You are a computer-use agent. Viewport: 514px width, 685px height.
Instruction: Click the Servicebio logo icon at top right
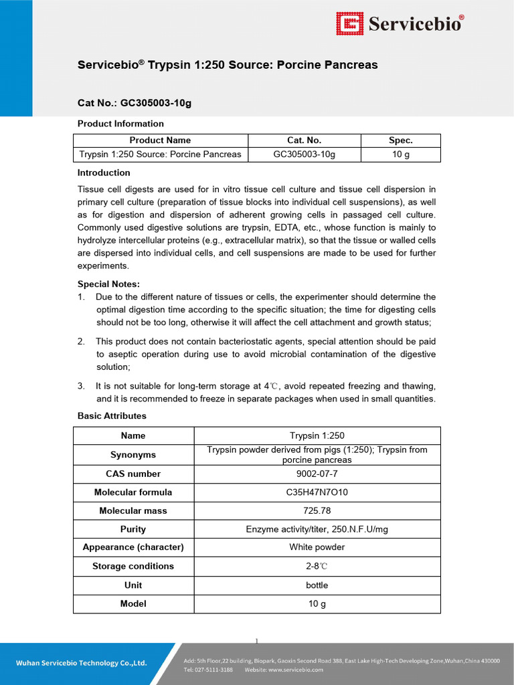tap(349, 24)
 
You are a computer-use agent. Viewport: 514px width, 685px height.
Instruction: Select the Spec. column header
tap(400, 140)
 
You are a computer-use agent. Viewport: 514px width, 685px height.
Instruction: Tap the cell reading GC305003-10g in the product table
tap(304, 155)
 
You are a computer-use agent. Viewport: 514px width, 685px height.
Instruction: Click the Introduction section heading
tap(104, 173)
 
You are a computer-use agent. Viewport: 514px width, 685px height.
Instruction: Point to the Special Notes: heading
tap(108, 284)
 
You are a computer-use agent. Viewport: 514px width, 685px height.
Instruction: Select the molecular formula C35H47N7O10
tap(317, 492)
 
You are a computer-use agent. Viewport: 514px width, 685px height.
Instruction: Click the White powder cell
tap(317, 547)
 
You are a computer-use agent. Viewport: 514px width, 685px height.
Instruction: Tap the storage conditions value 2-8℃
tap(317, 566)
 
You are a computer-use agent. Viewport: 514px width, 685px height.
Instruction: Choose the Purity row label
tap(133, 529)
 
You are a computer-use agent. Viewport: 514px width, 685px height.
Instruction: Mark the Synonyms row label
tap(133, 455)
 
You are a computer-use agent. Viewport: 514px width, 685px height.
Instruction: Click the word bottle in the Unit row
tap(317, 585)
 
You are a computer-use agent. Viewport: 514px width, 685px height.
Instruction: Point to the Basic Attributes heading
tap(112, 416)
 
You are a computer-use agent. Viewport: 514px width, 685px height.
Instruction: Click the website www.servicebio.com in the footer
tap(296, 670)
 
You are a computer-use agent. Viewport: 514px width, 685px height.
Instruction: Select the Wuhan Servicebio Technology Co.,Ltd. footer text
tap(81, 664)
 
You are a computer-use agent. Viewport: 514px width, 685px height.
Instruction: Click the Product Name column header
tap(160, 140)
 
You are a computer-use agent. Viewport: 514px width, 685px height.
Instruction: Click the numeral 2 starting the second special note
tap(80, 341)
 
